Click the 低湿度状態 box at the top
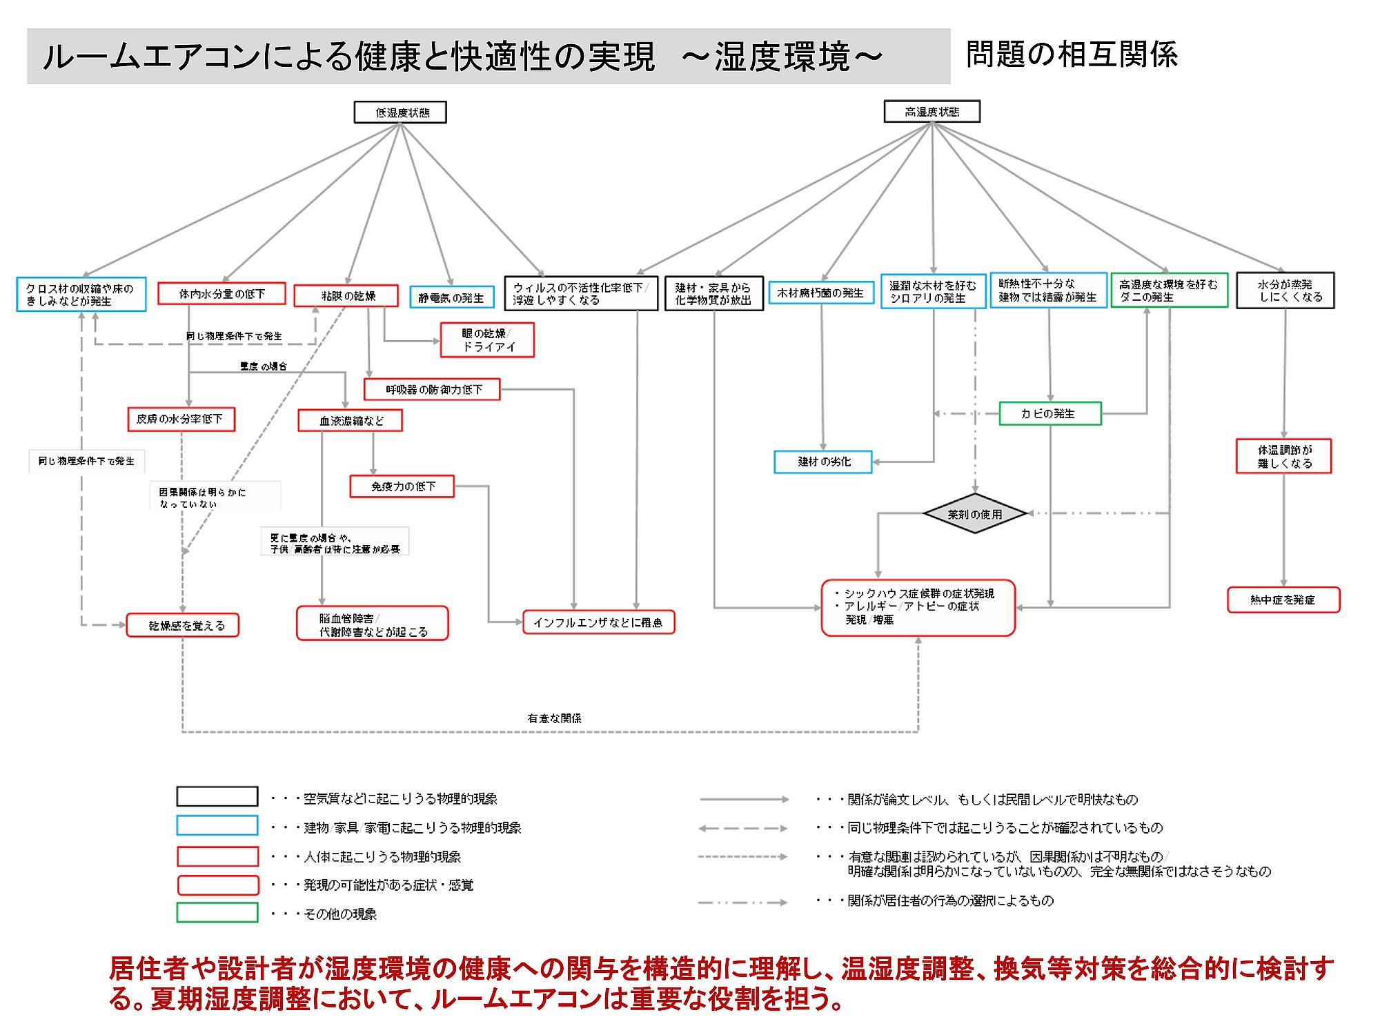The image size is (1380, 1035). coord(400,112)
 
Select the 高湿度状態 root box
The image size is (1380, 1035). coord(931,112)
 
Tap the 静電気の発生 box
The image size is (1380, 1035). coord(452,297)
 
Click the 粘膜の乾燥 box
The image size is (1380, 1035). coord(346,296)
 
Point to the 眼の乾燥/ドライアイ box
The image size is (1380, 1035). coord(487,340)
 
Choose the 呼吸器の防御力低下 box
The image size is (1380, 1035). coord(432,390)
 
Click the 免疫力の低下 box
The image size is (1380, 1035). coord(402,486)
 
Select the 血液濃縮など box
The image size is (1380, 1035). coord(350,420)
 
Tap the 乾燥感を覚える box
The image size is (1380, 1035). coord(183,625)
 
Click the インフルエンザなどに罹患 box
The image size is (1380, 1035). coord(598,622)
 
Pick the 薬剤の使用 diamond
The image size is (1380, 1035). coord(974,514)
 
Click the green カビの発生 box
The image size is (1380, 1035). coord(1049,413)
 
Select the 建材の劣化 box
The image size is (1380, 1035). coord(823,462)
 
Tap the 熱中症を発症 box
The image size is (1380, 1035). coord(1283,600)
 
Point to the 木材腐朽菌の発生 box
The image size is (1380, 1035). coord(821,293)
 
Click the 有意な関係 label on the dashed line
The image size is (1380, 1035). coord(554,718)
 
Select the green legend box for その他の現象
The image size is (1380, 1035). coord(217,913)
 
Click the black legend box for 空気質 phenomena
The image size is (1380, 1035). coord(217,797)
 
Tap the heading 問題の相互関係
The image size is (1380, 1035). coord(1072,55)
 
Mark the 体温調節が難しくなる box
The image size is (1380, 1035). coord(1283,456)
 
